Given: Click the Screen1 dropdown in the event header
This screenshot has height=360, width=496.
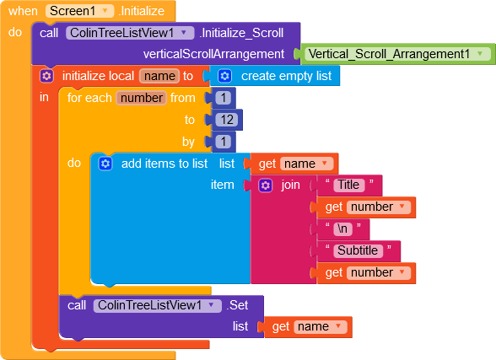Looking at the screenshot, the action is (79, 11).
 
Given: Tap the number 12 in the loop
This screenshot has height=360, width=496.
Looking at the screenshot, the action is (227, 120).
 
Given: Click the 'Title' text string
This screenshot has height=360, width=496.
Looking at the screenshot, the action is (348, 185).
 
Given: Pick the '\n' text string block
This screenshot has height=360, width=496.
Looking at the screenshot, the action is (342, 228).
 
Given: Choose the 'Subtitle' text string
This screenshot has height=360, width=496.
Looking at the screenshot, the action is (358, 250).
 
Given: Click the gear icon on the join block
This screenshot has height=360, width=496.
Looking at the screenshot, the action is (265, 185).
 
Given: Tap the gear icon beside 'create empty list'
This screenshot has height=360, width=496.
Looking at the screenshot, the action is (224, 76).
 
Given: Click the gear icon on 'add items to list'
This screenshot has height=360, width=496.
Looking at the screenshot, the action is (105, 164).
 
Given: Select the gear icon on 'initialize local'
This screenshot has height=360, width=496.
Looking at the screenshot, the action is (46, 76).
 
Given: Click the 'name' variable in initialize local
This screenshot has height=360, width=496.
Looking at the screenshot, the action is (159, 76).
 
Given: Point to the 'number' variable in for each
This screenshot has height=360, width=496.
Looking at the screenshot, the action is (142, 98).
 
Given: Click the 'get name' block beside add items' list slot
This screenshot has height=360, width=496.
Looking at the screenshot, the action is (294, 164).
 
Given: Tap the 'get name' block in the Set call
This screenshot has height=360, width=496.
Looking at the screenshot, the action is (308, 327).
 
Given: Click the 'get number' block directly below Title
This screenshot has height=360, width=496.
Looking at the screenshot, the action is (366, 207).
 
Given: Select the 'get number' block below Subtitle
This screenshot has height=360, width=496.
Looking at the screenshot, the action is (366, 273).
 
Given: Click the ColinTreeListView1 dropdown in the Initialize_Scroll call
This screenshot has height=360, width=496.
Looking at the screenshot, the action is (130, 33).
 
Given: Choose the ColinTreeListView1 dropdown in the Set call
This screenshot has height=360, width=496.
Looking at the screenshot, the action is (158, 305).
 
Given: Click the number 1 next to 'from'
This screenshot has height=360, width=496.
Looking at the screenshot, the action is (224, 98).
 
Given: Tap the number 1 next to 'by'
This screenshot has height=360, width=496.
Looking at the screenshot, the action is (224, 142).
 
